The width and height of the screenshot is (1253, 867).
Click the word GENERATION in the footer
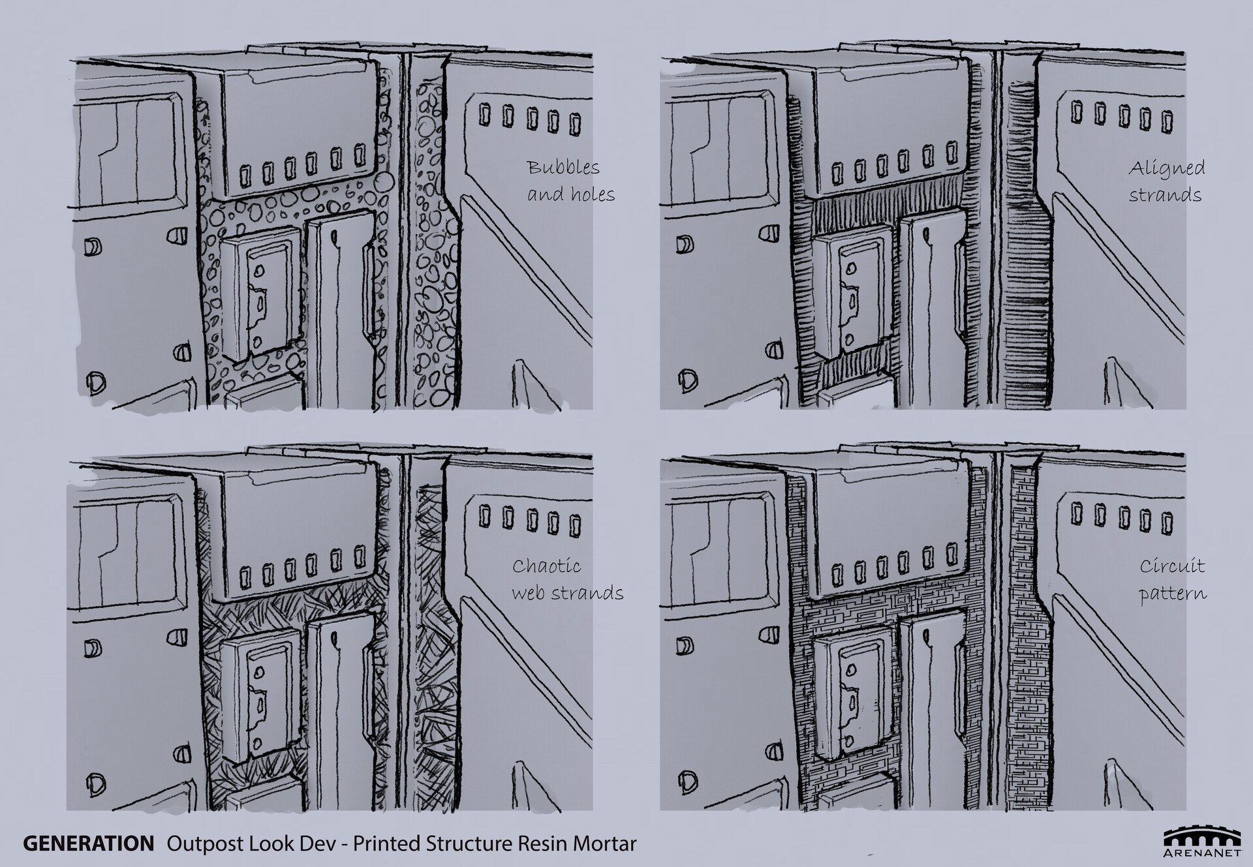click(89, 843)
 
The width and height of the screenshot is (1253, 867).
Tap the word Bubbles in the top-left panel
click(563, 168)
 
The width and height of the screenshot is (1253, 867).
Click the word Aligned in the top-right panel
click(1166, 169)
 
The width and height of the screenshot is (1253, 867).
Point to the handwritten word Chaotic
click(546, 566)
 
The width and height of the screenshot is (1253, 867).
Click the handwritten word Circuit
click(1172, 566)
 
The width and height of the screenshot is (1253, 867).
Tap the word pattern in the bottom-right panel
click(1173, 594)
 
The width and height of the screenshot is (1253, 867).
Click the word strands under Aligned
click(1165, 195)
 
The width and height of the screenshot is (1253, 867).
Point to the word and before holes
click(545, 194)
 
